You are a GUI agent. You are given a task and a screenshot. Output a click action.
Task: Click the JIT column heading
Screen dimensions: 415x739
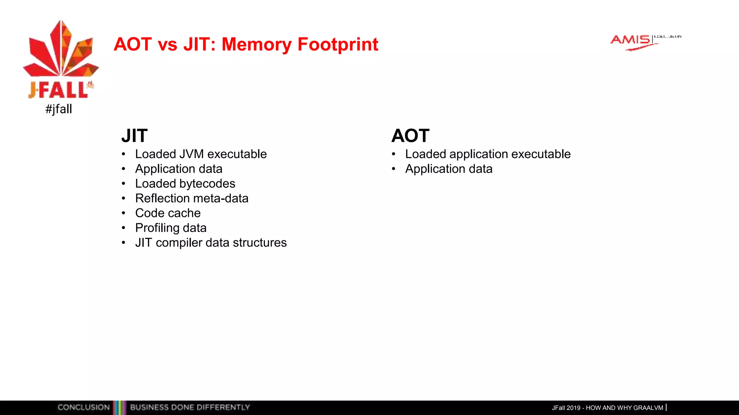click(x=134, y=136)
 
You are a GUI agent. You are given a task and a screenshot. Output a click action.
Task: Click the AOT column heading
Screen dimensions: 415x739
click(x=410, y=136)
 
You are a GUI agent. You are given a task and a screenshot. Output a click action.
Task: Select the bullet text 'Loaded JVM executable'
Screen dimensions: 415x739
click(x=201, y=154)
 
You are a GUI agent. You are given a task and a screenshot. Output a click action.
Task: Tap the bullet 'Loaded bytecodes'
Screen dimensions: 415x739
click(x=185, y=184)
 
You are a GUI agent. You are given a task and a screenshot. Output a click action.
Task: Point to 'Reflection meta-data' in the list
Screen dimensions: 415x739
click(x=192, y=198)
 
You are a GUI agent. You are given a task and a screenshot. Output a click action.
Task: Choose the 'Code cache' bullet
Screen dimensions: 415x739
click(x=168, y=213)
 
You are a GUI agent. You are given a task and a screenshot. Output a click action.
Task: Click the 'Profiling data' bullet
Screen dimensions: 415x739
click(x=171, y=228)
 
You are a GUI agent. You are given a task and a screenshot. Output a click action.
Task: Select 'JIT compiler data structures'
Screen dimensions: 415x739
click(x=211, y=243)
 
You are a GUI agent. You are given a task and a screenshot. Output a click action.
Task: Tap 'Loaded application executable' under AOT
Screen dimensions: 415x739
click(x=487, y=154)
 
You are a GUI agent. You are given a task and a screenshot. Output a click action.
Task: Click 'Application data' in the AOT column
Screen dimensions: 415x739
click(x=449, y=169)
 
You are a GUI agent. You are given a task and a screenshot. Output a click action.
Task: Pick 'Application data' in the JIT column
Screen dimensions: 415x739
click(x=179, y=169)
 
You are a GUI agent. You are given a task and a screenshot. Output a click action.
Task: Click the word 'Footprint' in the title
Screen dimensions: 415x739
click(x=338, y=44)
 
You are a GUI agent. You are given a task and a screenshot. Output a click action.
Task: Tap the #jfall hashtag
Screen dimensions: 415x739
click(x=59, y=109)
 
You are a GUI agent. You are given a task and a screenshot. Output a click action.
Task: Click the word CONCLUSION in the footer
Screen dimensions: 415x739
click(x=83, y=407)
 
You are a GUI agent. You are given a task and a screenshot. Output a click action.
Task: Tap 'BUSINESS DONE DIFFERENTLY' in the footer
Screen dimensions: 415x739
click(x=190, y=407)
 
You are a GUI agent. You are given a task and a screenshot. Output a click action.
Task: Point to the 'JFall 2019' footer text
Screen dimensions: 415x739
click(x=566, y=408)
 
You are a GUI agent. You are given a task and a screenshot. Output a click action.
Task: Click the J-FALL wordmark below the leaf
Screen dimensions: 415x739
click(x=59, y=90)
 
